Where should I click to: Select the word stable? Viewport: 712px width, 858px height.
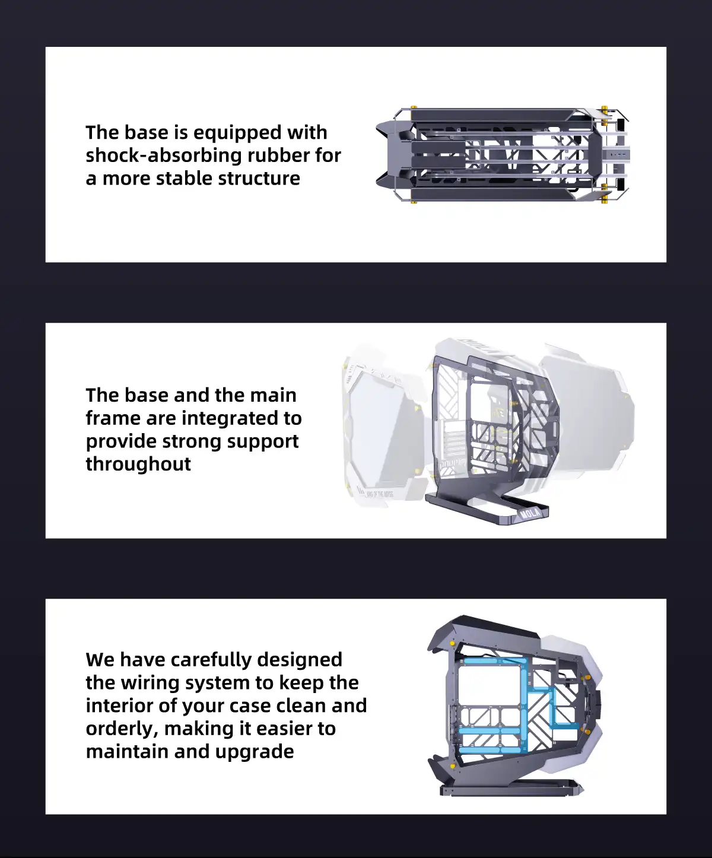(183, 179)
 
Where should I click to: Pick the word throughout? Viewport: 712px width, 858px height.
(138, 464)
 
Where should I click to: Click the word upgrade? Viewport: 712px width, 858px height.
(255, 752)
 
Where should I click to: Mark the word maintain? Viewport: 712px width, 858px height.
(127, 752)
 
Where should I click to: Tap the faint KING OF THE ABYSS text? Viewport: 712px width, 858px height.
(380, 494)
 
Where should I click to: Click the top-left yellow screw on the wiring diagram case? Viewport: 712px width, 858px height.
(452, 643)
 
